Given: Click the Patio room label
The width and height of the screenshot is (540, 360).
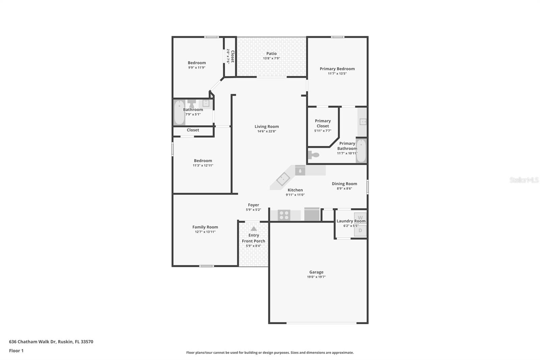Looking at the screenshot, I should (271, 53).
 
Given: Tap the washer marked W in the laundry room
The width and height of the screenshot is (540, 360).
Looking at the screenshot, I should (360, 217).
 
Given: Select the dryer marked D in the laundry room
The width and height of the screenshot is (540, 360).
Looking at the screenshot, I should (360, 231).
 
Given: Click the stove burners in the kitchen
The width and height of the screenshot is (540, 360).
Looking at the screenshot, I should (284, 215).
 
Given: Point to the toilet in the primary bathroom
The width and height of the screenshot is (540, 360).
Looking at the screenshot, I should (314, 155).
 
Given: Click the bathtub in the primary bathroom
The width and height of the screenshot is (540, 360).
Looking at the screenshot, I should (361, 151).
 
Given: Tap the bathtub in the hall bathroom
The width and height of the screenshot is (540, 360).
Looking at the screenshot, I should (179, 112).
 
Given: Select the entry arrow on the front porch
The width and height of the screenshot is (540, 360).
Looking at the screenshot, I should (254, 229).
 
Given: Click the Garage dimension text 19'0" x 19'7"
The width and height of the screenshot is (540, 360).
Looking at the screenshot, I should (316, 277).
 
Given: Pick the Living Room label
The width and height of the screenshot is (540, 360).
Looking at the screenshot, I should (267, 127).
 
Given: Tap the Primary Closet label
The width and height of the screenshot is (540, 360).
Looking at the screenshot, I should (323, 123).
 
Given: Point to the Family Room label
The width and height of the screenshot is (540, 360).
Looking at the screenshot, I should (205, 227).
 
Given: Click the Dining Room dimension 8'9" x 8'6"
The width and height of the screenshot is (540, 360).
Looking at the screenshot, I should (344, 188).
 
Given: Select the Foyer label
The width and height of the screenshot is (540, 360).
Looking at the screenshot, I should (253, 205).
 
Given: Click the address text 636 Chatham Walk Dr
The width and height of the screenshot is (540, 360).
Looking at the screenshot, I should (32, 341).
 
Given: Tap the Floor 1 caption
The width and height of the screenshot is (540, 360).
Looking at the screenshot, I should (16, 351).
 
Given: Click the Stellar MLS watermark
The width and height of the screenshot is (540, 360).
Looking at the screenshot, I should (524, 180).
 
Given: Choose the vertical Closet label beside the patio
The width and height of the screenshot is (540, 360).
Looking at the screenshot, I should (232, 56).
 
